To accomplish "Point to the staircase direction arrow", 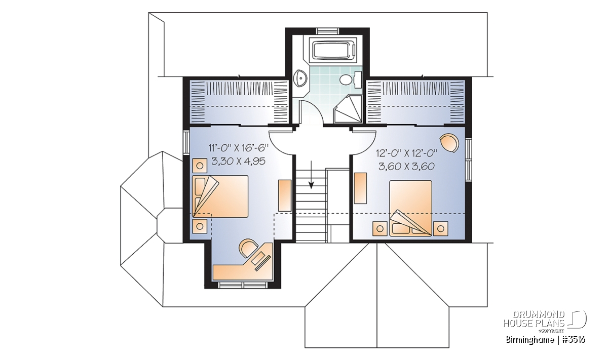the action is pos(311,175).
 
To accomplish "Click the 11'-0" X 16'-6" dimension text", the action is pos(238,148).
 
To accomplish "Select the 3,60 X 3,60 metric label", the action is pos(406,166).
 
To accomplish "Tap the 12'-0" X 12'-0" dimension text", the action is pos(406,153).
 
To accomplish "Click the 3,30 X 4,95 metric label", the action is pos(238,162).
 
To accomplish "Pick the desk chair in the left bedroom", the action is pos(248,248).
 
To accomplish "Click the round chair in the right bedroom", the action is pos(449,143).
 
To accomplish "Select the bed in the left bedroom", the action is pos(220,196).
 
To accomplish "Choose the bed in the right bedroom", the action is pos(411,208).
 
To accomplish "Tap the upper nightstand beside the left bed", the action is pos(200,166).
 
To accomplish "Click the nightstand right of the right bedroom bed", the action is pos(440,229).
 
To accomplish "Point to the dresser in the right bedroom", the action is pos(360,188).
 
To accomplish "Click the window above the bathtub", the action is pos(328,31).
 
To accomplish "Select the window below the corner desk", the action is pos(243,285).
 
